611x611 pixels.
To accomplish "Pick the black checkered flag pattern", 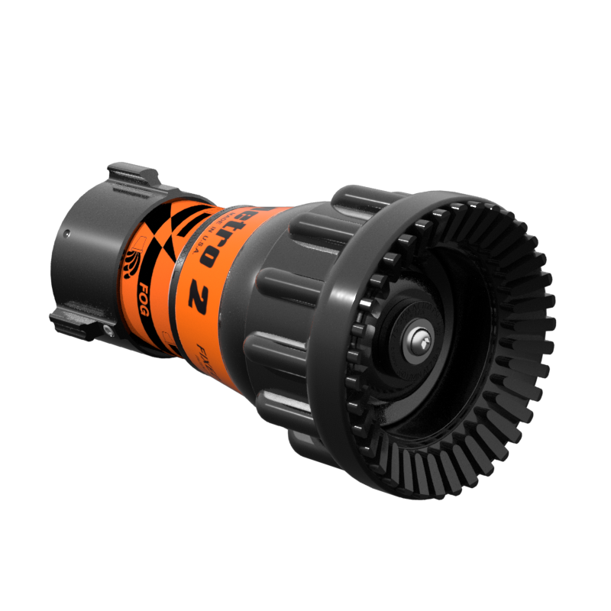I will point(172,229).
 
